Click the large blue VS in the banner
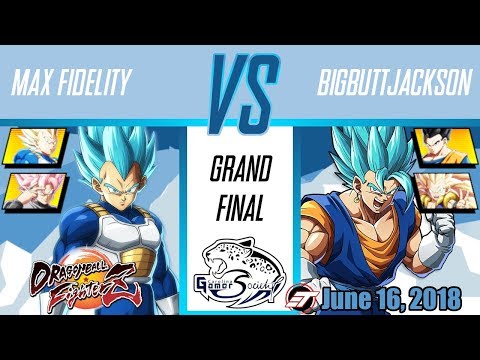240,93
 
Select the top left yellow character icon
36,146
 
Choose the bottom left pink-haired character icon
36,189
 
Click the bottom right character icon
441,189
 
